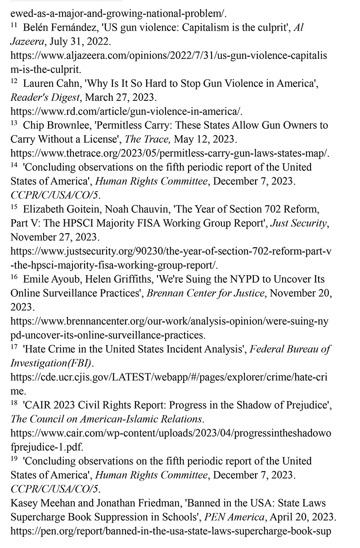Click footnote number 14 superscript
[13, 165]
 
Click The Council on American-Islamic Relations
[106, 419]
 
